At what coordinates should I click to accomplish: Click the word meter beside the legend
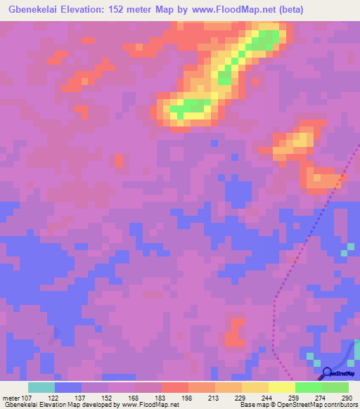10,398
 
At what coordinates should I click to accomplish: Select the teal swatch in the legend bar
41,387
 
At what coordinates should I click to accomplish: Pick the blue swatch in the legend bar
68,387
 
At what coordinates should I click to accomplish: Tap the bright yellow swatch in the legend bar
282,387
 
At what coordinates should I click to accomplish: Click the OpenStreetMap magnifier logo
326,372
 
